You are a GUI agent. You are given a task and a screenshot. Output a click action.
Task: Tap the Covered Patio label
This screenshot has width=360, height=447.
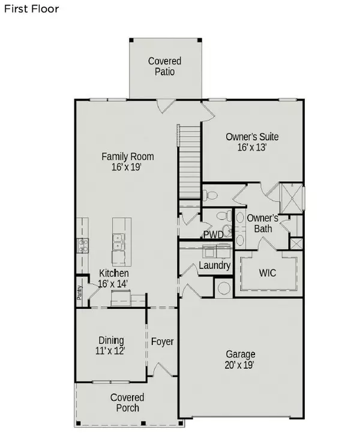(164, 66)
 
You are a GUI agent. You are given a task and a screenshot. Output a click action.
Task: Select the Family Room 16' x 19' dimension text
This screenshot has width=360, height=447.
(127, 168)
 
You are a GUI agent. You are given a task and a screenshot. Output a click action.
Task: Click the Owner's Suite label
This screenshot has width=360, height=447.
(252, 137)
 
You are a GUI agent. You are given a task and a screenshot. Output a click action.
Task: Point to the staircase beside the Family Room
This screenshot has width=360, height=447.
(188, 162)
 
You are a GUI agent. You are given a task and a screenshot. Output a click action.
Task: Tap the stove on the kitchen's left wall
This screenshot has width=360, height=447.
(82, 244)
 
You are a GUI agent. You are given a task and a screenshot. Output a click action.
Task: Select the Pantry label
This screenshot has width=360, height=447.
(79, 292)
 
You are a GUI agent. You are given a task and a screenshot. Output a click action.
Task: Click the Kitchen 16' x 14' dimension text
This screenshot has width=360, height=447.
(113, 284)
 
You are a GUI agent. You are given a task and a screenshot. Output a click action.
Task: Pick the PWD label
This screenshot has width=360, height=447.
(213, 234)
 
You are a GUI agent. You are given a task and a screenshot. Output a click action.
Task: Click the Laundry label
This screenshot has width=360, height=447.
(215, 265)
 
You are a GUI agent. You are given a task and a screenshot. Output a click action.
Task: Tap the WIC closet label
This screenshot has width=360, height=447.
(267, 272)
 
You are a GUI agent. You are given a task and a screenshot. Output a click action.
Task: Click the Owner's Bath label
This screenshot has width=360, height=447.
(263, 223)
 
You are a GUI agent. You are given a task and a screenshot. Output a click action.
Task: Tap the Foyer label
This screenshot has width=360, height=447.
(162, 342)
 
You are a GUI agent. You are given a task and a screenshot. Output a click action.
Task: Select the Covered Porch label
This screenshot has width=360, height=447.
(127, 403)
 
